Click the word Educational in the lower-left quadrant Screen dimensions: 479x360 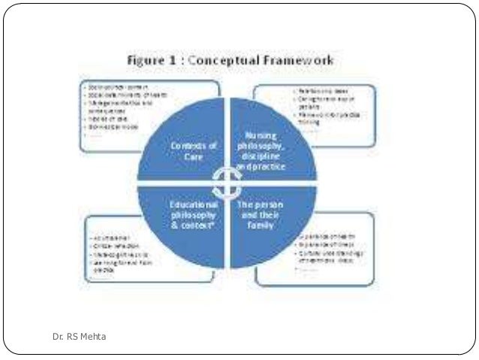tap(191, 204)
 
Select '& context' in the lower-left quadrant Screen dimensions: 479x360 tap(192, 225)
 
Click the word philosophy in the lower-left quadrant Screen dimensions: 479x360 tap(191, 214)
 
